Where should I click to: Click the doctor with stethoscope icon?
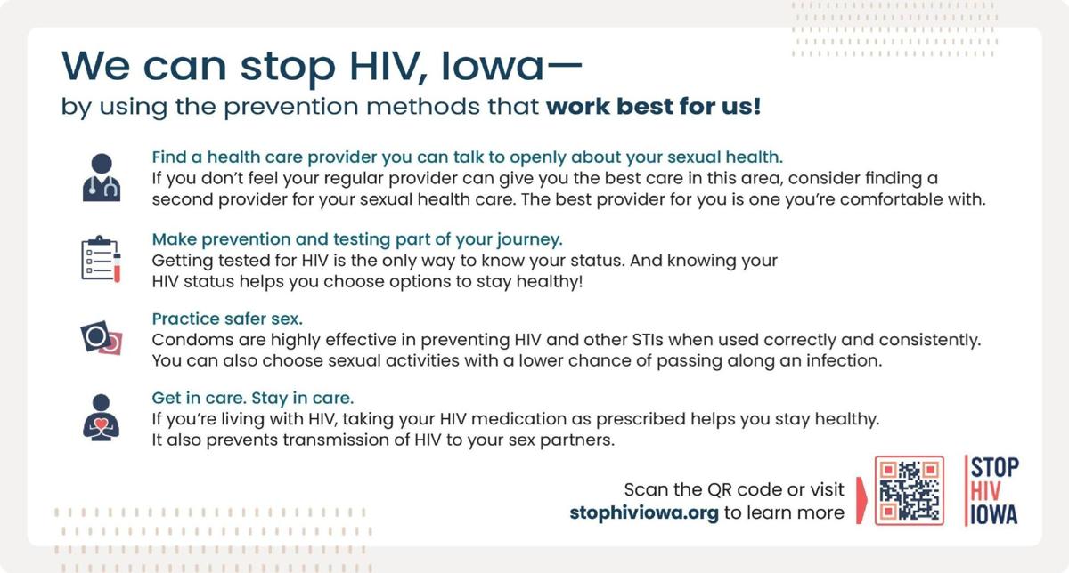pyautogui.click(x=101, y=176)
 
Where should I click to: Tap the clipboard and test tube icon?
pyautogui.click(x=101, y=258)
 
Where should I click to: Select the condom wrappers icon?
pyautogui.click(x=101, y=339)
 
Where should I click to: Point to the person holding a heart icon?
pyautogui.click(x=101, y=416)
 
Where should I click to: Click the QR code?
pyautogui.click(x=909, y=490)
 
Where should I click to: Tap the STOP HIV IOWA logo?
pyautogui.click(x=992, y=490)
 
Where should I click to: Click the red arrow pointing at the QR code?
pyautogui.click(x=861, y=499)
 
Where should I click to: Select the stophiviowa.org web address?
pyautogui.click(x=643, y=512)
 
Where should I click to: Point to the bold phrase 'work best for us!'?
pyautogui.click(x=653, y=108)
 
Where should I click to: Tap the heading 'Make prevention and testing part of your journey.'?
pyautogui.click(x=357, y=239)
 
